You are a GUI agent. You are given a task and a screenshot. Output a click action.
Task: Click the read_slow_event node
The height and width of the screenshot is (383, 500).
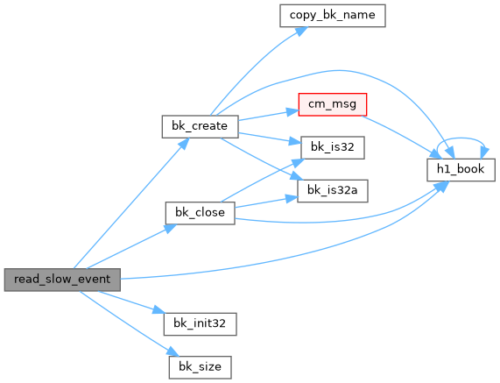[62, 280]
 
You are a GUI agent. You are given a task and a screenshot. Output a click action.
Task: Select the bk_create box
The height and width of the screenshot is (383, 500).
[200, 127]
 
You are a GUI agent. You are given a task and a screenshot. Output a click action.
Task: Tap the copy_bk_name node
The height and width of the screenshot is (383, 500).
[333, 16]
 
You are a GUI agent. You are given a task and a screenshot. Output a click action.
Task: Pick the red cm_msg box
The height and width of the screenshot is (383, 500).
[333, 104]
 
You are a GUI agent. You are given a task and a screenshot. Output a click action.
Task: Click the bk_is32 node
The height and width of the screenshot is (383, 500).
[333, 148]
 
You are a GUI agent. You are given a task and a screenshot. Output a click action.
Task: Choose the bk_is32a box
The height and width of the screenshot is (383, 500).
[333, 191]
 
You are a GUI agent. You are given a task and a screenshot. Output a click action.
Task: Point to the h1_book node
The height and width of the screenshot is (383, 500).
[461, 170]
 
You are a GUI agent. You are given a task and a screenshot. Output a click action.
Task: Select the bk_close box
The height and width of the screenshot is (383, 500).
[200, 213]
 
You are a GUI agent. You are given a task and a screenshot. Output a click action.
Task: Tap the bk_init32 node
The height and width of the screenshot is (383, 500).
[200, 324]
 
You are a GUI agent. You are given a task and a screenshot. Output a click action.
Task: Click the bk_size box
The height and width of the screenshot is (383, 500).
[200, 367]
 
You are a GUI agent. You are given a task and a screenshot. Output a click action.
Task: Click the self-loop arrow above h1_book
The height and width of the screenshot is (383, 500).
[461, 138]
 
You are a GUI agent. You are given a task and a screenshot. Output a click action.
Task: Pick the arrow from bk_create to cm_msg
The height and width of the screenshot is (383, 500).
[269, 116]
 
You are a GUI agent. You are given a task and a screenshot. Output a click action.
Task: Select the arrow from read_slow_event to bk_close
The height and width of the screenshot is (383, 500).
[131, 246]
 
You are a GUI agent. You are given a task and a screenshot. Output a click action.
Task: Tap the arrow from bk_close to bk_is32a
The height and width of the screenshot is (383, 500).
[266, 202]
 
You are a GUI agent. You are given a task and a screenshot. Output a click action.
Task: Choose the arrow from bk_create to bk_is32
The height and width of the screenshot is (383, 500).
[270, 138]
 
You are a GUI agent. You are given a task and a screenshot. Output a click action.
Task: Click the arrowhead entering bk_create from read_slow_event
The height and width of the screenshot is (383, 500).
[184, 144]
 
